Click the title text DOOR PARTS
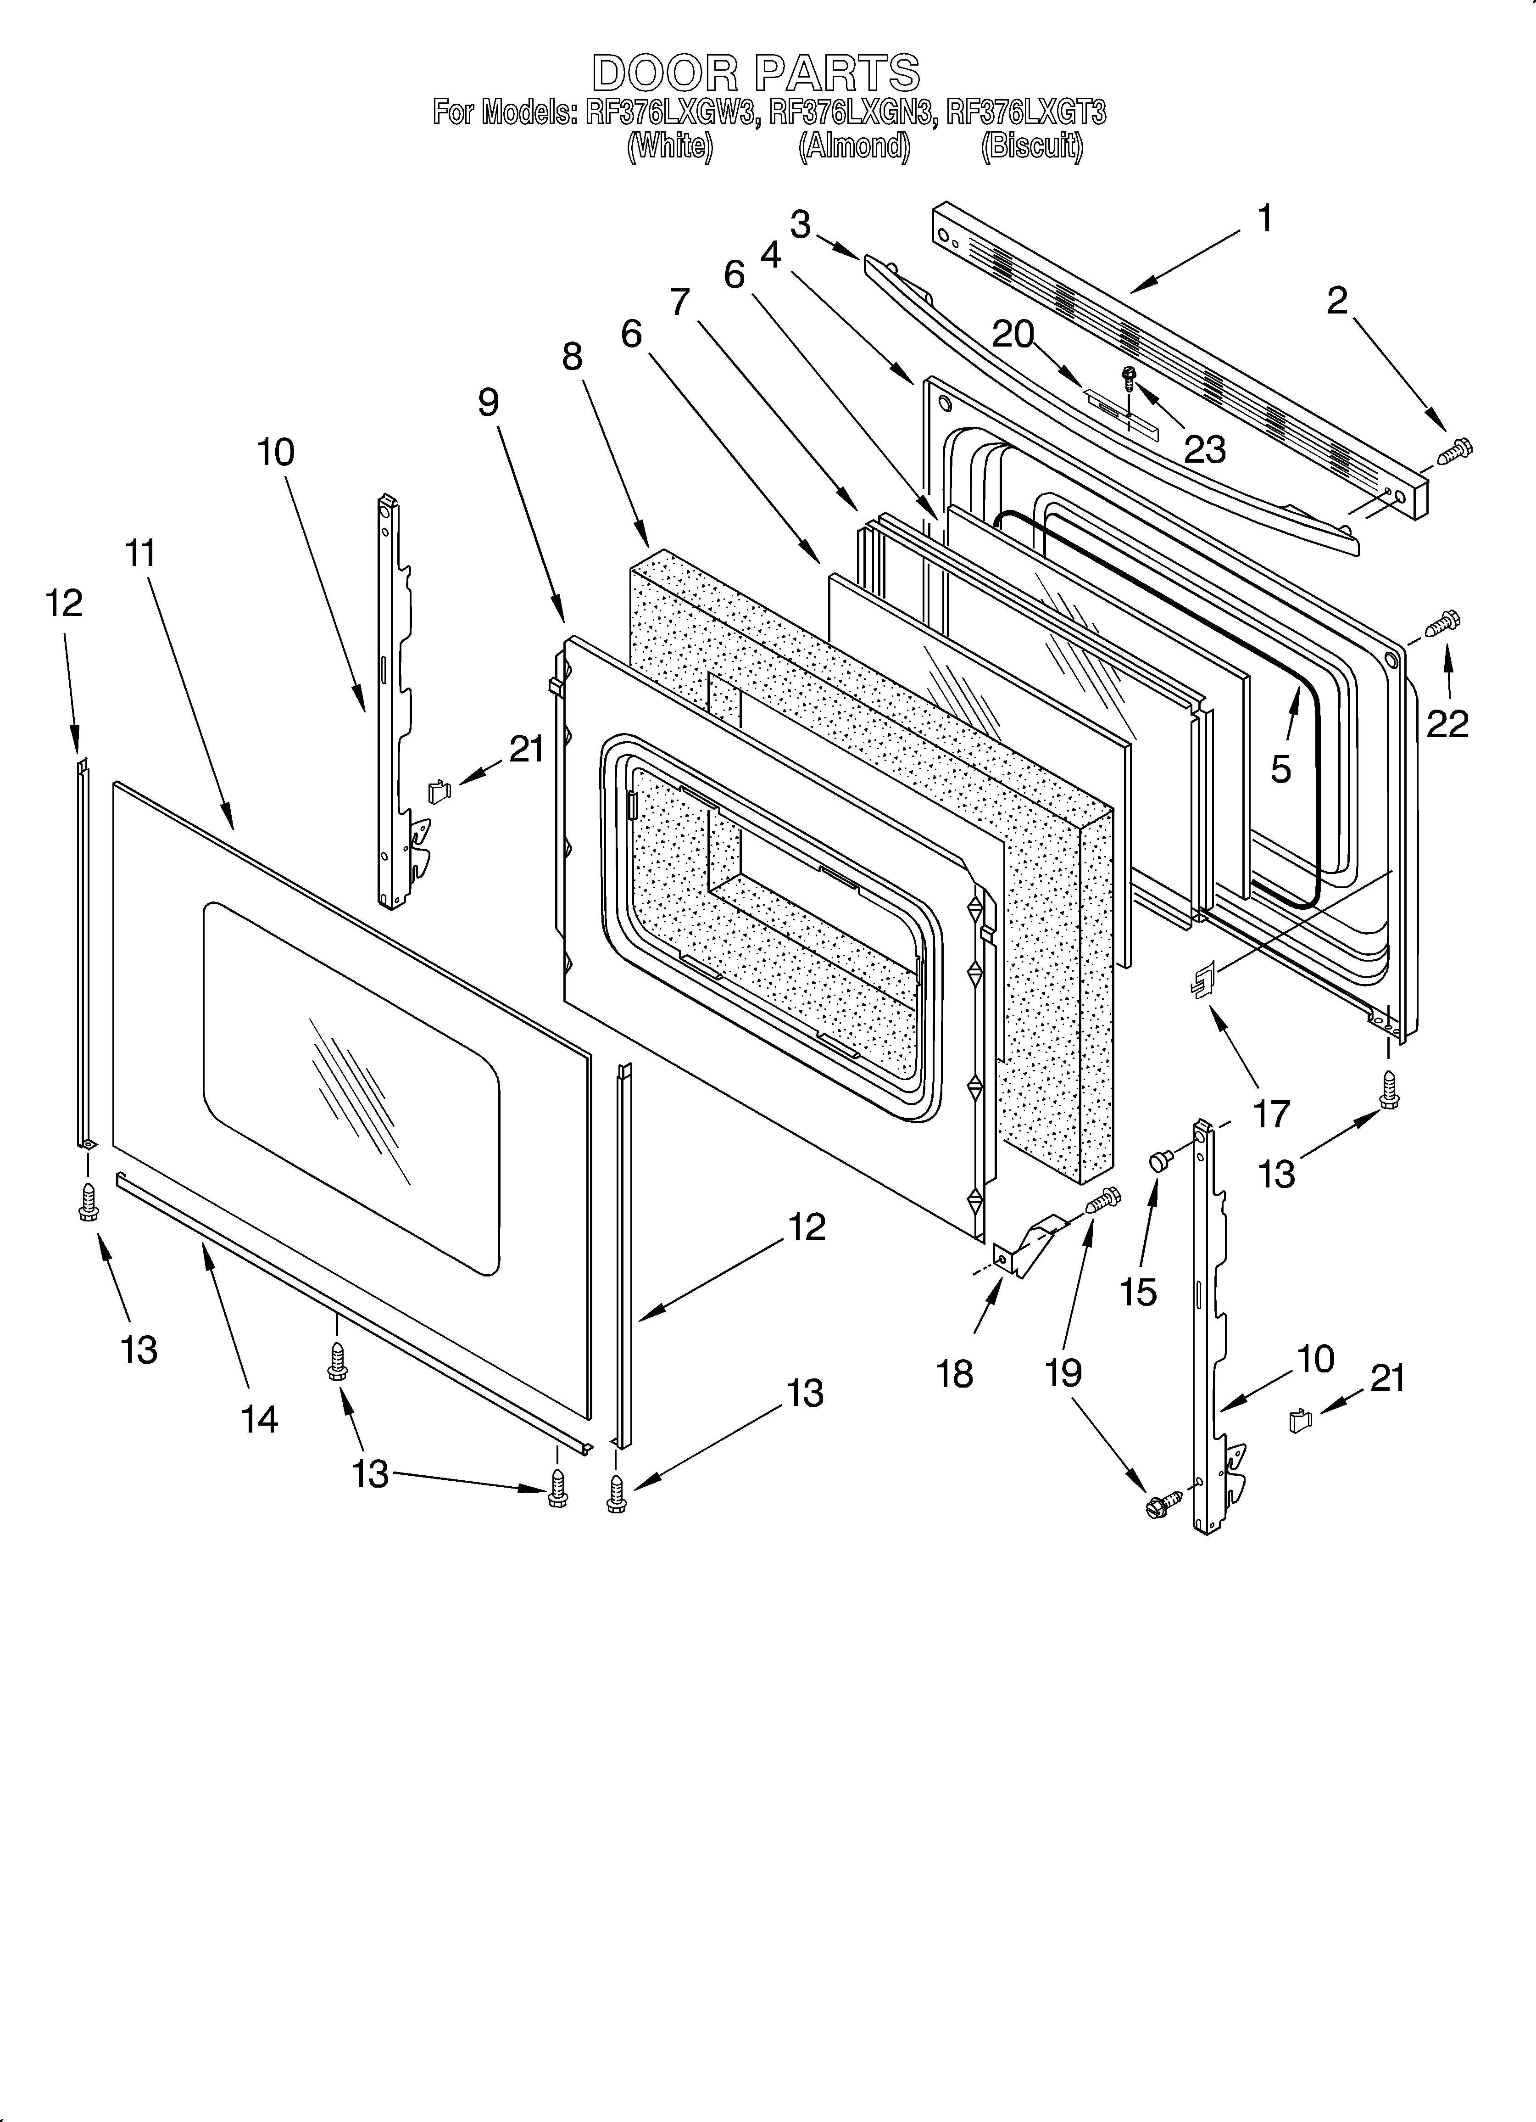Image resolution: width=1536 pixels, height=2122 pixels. coord(756,73)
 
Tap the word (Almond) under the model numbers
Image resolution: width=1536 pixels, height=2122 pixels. coord(853,147)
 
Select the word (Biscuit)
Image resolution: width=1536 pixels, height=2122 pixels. coord(1032,147)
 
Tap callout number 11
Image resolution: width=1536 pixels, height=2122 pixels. coord(140,554)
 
